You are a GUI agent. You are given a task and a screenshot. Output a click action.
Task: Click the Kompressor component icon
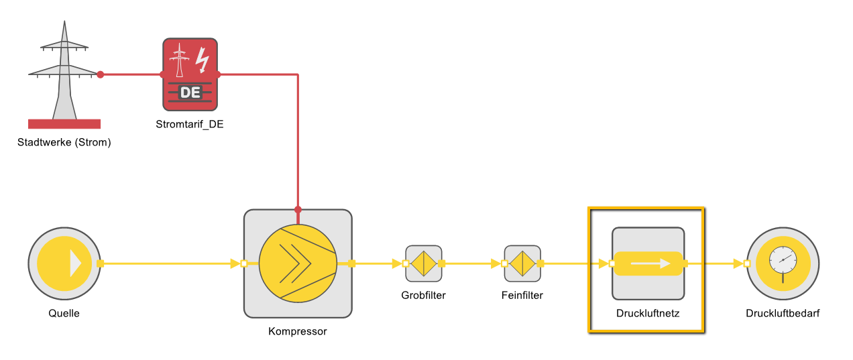tap(298, 263)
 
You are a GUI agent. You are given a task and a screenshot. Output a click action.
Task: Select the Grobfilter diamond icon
tap(423, 263)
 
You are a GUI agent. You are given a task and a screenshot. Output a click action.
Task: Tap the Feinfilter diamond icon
tap(522, 263)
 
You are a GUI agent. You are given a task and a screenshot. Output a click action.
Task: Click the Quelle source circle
tap(64, 263)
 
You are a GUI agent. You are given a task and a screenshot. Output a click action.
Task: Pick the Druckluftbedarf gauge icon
tap(783, 263)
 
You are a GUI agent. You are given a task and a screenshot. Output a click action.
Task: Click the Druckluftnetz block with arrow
tap(648, 263)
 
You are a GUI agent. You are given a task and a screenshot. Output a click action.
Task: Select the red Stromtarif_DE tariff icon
tap(190, 74)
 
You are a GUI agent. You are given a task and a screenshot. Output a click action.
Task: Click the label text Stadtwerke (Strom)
tap(64, 142)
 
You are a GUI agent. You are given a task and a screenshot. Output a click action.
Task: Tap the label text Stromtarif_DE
tap(190, 124)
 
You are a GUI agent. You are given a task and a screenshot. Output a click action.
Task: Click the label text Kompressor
tap(298, 331)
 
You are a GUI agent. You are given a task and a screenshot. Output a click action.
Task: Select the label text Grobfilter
tap(423, 295)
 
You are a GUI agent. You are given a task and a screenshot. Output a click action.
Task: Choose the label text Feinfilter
tap(522, 295)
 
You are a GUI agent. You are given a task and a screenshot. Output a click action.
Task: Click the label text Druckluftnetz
tap(648, 313)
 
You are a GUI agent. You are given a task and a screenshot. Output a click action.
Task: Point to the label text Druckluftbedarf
tap(783, 313)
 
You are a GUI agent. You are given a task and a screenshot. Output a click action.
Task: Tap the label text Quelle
tap(64, 313)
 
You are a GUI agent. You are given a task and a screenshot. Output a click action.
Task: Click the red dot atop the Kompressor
tap(298, 209)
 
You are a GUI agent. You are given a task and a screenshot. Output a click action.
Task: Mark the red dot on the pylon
tap(101, 74)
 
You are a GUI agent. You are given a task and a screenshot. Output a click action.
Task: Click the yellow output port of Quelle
tap(101, 263)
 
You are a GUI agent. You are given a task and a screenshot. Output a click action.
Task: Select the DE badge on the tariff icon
tap(190, 93)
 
